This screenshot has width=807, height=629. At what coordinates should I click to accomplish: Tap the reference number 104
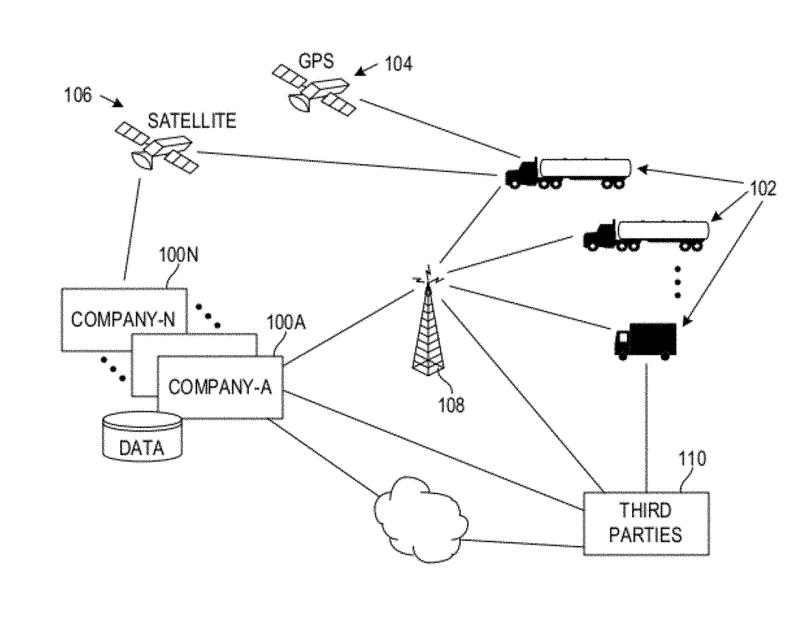coord(399,64)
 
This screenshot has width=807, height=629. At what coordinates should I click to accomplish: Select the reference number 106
coord(78,95)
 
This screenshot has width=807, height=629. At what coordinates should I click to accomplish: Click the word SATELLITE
coord(192,121)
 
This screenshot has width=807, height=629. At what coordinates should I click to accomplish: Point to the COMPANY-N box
coord(123,319)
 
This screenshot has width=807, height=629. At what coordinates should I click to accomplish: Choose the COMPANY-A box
coord(220,387)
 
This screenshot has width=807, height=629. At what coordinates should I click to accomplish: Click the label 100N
coord(179,255)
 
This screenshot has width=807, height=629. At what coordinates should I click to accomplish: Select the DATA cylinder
coord(142,437)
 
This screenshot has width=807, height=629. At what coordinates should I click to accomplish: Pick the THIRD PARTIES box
coord(646,523)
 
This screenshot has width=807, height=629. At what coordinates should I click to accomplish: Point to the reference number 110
coord(692,459)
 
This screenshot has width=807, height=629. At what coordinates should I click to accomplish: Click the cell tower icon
coord(428,328)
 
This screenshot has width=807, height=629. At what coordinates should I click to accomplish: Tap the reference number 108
coord(451,404)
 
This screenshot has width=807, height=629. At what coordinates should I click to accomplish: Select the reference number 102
coord(763,189)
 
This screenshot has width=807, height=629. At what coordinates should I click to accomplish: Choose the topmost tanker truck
coord(568,174)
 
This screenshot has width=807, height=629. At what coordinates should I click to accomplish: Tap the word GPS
coord(316,61)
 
